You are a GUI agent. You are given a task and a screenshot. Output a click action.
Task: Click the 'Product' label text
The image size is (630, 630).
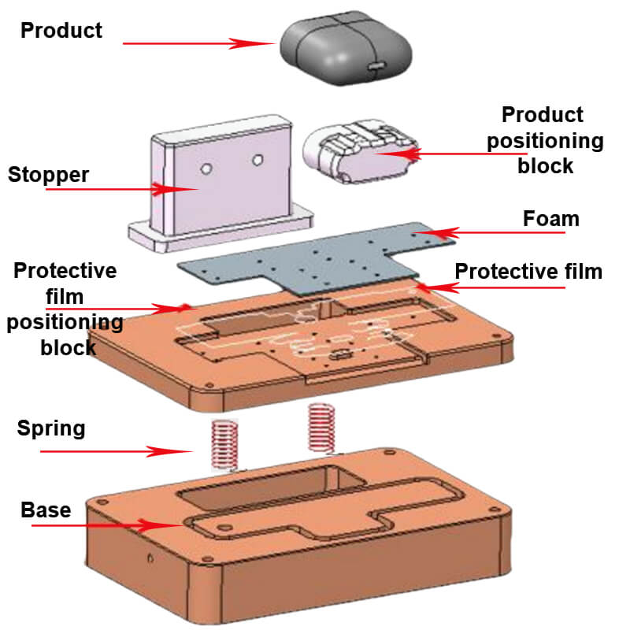61,31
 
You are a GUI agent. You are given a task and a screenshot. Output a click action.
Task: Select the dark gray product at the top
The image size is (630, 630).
346,49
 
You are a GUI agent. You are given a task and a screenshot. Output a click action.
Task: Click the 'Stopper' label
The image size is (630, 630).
48,174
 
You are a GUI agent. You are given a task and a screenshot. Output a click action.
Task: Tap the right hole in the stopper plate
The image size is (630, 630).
256,160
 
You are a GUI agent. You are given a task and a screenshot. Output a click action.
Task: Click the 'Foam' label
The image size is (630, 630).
551,218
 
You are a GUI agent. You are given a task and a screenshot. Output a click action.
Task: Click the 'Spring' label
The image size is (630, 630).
51,428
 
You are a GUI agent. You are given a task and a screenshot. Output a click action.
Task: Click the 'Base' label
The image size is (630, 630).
46,510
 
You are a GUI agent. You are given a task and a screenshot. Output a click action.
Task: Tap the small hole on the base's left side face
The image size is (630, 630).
149,558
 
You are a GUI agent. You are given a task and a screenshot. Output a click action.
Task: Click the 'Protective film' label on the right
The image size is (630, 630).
528,272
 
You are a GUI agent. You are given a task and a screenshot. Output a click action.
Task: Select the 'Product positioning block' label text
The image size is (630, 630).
544,140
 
